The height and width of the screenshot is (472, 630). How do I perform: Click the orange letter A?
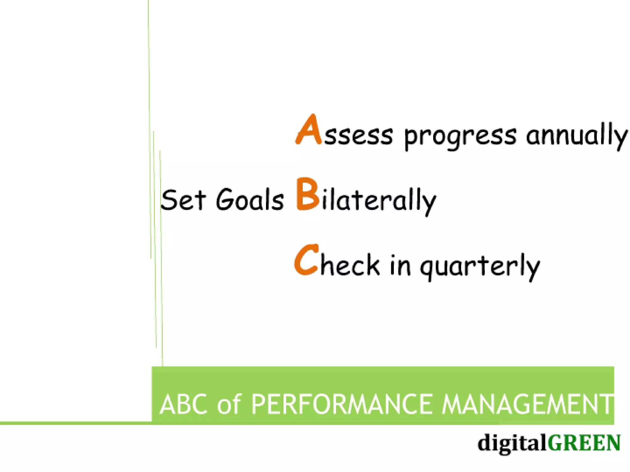click(308, 131)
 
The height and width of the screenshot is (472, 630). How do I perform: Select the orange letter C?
click(306, 260)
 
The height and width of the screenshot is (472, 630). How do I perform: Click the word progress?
click(460, 137)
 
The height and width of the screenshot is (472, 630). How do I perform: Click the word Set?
click(183, 200)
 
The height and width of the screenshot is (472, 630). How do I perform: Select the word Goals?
click(249, 200)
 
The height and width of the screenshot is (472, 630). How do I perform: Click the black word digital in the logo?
click(512, 443)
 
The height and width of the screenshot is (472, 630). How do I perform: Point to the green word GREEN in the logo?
click(584, 443)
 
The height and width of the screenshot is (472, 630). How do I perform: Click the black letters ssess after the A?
click(359, 136)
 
